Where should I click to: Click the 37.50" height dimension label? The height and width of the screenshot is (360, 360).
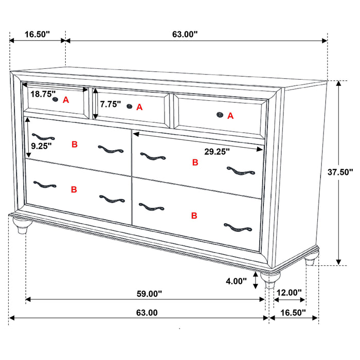[340, 172]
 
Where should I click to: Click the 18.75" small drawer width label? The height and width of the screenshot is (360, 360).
[43, 94]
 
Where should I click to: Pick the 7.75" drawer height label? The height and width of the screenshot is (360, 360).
[111, 104]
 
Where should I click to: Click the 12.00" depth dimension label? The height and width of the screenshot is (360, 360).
[289, 293]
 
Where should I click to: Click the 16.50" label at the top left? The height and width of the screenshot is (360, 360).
[37, 34]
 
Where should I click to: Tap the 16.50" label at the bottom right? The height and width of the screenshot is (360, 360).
[293, 312]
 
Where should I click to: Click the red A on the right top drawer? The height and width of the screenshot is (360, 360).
[230, 116]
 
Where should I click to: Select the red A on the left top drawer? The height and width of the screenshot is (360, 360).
[66, 100]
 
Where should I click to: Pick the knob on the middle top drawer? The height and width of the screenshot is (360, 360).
[129, 106]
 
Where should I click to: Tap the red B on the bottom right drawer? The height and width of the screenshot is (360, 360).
[194, 215]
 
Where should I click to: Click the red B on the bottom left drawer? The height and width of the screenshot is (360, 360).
[74, 189]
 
